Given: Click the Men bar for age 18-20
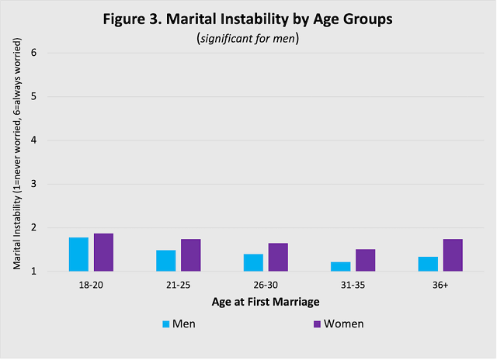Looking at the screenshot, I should pos(78,254).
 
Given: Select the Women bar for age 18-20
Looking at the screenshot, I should pos(103,253).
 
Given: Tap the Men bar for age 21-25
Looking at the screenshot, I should pos(165,261).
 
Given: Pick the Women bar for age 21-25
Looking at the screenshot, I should pos(191,255).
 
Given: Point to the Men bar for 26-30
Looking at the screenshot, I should pos(253,263).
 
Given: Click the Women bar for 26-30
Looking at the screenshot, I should pos(278,258).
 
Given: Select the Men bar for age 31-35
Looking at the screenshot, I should pos(340,267).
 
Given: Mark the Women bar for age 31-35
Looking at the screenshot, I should pos(365,261).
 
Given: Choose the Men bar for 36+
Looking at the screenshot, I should pos(428,264).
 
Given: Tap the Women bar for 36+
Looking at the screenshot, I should pos(453,255).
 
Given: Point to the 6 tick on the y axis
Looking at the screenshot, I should pos(34,54).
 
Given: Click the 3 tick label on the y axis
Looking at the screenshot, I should pos(34,185).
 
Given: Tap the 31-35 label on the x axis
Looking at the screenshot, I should pos(353,285).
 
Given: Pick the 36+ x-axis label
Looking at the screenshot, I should pos(440,285).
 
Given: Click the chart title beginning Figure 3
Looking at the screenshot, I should pos(248,20).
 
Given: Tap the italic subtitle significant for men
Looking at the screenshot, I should pos(248,38).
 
